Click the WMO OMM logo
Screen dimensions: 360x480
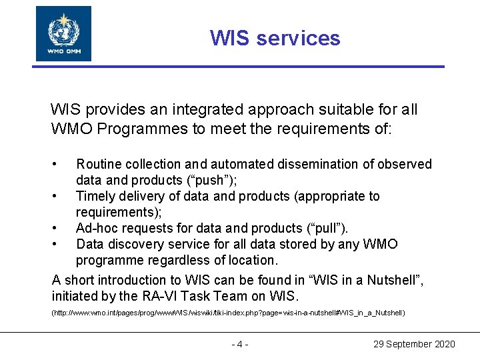point(63,33)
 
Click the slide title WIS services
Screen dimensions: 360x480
point(275,38)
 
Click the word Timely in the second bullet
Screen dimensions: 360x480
point(96,196)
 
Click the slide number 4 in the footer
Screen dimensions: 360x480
point(239,344)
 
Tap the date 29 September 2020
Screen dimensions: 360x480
point(413,344)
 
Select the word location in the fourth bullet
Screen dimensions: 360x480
point(251,260)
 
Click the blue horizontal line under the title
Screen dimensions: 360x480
point(240,67)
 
